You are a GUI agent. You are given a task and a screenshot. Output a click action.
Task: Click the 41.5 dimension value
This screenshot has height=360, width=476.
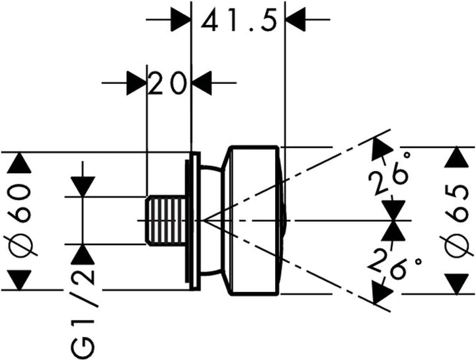[x=239, y=20]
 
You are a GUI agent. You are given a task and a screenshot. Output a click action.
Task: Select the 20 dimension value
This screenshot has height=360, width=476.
[x=167, y=83]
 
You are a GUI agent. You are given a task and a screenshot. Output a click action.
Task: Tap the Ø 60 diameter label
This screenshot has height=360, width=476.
[x=20, y=221]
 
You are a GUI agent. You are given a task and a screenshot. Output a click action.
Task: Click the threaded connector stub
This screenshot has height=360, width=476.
[x=165, y=220]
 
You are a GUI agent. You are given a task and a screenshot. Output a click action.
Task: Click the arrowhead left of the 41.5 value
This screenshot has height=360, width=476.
[x=180, y=19]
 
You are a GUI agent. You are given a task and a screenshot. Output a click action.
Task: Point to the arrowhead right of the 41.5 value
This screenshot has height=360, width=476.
[x=296, y=19]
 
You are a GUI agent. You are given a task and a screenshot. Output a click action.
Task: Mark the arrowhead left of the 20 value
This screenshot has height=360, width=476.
[x=136, y=83]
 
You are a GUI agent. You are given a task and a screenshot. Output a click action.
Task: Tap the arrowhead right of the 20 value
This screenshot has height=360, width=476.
[x=202, y=83]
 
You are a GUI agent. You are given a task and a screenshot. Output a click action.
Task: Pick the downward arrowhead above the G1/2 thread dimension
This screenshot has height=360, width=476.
[x=83, y=186]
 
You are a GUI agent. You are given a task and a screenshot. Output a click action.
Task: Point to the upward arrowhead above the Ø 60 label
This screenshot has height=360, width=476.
[x=19, y=163]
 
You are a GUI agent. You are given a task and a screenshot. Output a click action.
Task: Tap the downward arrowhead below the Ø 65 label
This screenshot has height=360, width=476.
[x=456, y=284]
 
